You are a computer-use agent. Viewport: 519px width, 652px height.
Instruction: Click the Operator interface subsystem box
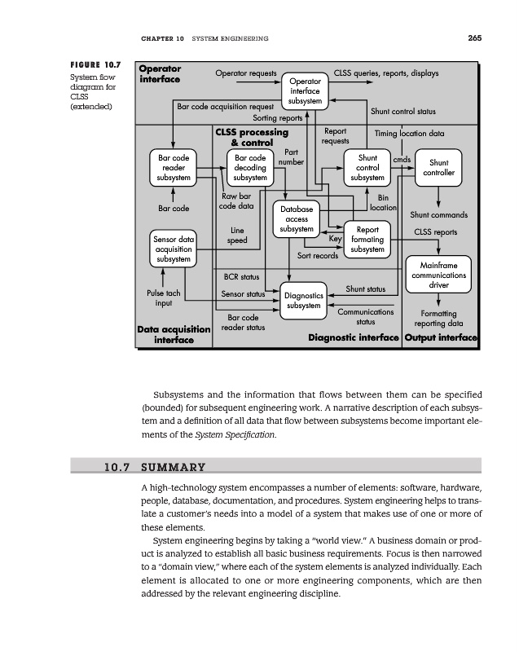[306, 91]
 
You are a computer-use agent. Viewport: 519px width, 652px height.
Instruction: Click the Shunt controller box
[438, 168]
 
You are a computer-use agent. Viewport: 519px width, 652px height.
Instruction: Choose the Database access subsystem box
[296, 219]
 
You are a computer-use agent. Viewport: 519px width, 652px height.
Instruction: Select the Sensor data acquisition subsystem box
[174, 249]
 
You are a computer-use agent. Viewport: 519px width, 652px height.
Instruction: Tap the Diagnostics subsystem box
[303, 301]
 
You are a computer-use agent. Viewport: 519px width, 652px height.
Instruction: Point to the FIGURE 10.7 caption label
[96, 64]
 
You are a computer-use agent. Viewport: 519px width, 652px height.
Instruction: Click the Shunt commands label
[438, 215]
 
